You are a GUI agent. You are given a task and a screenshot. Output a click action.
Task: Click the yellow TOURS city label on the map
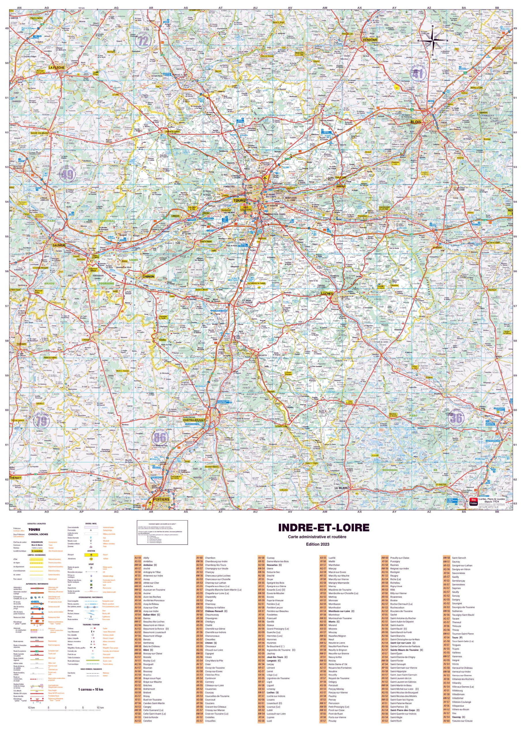(239, 201)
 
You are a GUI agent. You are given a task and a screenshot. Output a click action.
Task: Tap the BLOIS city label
(416, 122)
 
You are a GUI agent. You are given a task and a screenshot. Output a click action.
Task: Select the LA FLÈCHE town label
(56, 68)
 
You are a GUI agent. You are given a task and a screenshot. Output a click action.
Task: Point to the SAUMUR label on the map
(59, 245)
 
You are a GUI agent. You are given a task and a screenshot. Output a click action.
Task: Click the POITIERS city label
(161, 499)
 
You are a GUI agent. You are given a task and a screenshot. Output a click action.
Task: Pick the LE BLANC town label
(341, 488)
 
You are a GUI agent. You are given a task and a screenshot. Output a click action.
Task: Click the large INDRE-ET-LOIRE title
(324, 528)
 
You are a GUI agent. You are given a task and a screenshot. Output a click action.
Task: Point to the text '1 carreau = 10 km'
(91, 689)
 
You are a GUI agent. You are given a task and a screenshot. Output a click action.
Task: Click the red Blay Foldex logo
(473, 502)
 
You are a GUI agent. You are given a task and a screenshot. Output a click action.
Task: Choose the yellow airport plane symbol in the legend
(91, 555)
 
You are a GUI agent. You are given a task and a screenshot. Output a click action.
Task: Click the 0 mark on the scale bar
(65, 708)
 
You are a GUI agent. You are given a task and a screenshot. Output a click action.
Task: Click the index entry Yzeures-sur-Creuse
(462, 721)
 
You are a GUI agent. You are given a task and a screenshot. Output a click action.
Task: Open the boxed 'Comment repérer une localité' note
(162, 533)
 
